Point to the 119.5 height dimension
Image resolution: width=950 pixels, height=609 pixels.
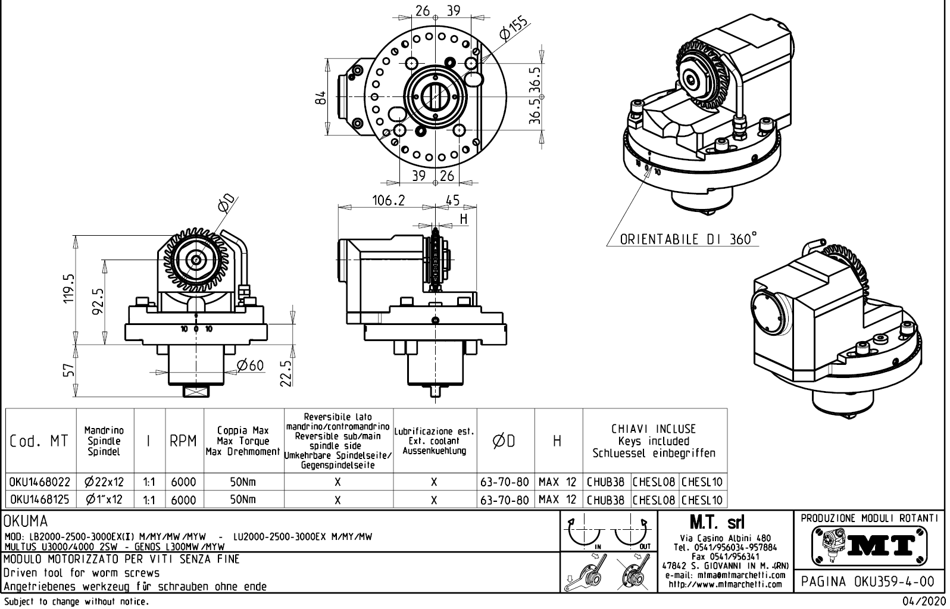coord(69,288)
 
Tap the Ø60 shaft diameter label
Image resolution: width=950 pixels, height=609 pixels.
coord(249,365)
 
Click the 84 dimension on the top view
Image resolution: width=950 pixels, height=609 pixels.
coord(320,98)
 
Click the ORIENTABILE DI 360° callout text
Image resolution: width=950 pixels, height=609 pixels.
coord(689,239)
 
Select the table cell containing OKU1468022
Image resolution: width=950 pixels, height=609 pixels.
coord(40,482)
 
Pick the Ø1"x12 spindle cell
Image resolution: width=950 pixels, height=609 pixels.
coord(105,499)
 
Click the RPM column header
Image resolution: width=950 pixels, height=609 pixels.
coord(183,441)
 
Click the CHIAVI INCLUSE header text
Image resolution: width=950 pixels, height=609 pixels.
coord(653,429)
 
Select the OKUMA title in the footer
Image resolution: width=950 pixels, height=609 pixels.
coord(26,522)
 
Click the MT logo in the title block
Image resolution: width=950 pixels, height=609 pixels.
coord(870,545)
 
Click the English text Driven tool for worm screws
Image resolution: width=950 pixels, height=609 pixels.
coord(82,573)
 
